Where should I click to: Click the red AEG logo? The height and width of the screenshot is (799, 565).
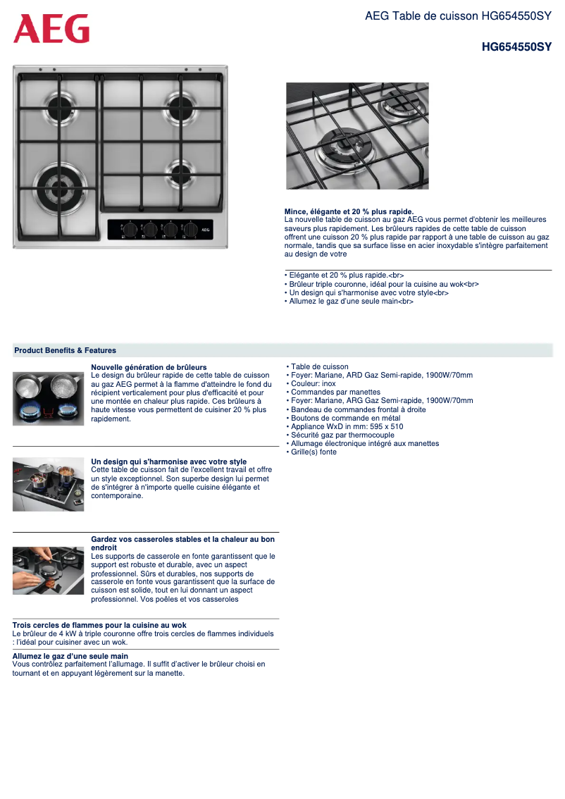(x=51, y=29)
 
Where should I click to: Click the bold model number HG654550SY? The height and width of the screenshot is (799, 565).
(x=516, y=47)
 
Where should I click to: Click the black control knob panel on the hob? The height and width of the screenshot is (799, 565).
(x=160, y=229)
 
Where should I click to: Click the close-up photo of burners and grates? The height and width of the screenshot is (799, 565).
(x=357, y=136)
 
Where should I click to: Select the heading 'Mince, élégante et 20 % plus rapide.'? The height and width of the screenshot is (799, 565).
(x=349, y=211)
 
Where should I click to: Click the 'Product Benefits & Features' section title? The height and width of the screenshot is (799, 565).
(x=66, y=350)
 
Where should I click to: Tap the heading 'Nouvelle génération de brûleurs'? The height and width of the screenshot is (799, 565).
(x=149, y=367)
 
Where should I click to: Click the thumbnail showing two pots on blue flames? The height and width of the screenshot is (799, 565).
(x=48, y=398)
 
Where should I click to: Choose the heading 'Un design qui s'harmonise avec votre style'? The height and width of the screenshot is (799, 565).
(x=168, y=462)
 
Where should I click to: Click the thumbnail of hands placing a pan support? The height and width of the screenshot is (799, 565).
(x=48, y=570)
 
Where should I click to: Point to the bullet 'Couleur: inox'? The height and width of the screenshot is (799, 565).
(x=313, y=384)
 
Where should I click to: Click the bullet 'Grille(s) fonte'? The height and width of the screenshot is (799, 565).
(x=313, y=452)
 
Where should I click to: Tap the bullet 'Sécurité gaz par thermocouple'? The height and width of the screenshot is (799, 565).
(x=342, y=435)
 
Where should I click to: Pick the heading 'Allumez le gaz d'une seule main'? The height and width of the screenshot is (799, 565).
(x=70, y=656)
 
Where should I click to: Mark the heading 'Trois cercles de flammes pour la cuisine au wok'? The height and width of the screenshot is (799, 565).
(x=99, y=625)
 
